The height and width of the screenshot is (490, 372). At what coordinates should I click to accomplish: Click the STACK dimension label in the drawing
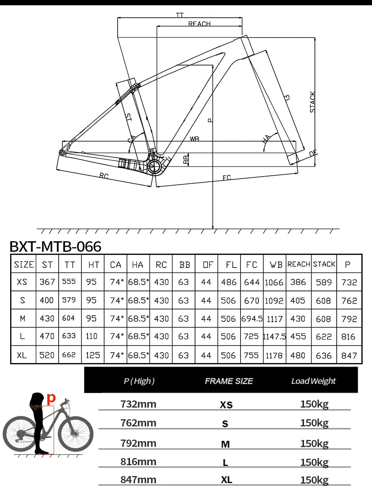(312, 102)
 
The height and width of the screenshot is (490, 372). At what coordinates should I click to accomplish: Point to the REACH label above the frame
(199, 24)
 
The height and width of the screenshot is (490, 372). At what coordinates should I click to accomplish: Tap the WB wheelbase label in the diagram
(194, 139)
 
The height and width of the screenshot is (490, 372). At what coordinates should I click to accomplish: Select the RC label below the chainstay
(104, 176)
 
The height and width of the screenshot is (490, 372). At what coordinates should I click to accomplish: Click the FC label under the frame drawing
(227, 178)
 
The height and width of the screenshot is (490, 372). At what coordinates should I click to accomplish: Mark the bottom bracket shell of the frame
(154, 166)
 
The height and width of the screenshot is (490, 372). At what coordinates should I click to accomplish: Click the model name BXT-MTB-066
(55, 247)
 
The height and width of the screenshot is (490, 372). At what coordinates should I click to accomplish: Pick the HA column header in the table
(138, 265)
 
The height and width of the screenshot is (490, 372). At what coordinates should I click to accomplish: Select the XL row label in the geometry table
(22, 355)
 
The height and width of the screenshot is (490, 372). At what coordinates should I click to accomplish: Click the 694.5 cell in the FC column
(252, 319)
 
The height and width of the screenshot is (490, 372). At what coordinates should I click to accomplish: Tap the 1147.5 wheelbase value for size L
(275, 336)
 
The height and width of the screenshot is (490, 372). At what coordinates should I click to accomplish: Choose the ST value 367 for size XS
(47, 282)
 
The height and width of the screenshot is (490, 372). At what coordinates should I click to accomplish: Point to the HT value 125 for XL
(92, 355)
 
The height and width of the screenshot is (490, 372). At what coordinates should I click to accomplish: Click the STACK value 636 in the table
(324, 355)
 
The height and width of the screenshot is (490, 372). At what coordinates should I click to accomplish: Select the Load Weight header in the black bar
(313, 381)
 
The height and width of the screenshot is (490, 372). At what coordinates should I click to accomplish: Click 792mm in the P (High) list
(138, 443)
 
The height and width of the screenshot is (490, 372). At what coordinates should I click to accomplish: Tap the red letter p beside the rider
(51, 398)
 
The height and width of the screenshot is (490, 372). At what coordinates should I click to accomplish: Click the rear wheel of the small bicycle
(20, 434)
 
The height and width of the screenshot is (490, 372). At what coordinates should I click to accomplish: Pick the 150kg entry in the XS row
(314, 404)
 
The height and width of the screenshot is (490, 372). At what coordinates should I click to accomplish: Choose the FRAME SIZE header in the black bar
(228, 381)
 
